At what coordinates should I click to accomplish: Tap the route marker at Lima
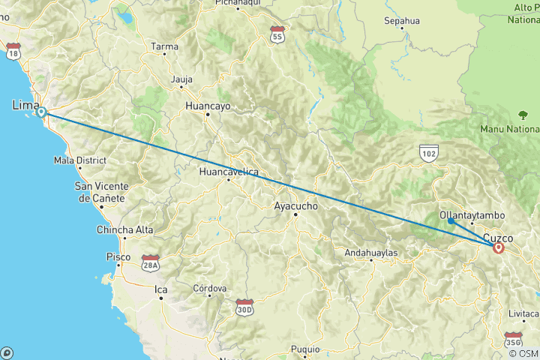(x=42, y=112)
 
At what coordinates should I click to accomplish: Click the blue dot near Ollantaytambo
(x=450, y=220)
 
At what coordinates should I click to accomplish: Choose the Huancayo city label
(x=208, y=106)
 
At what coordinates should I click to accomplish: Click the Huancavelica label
(x=229, y=172)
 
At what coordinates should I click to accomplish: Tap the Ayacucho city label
(x=297, y=205)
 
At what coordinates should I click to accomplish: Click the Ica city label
(x=160, y=288)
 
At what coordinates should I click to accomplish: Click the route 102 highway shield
(x=428, y=152)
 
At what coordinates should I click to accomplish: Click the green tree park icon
(x=523, y=115)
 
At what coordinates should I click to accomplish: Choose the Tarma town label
(x=165, y=46)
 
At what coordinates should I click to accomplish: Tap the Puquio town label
(x=305, y=349)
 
